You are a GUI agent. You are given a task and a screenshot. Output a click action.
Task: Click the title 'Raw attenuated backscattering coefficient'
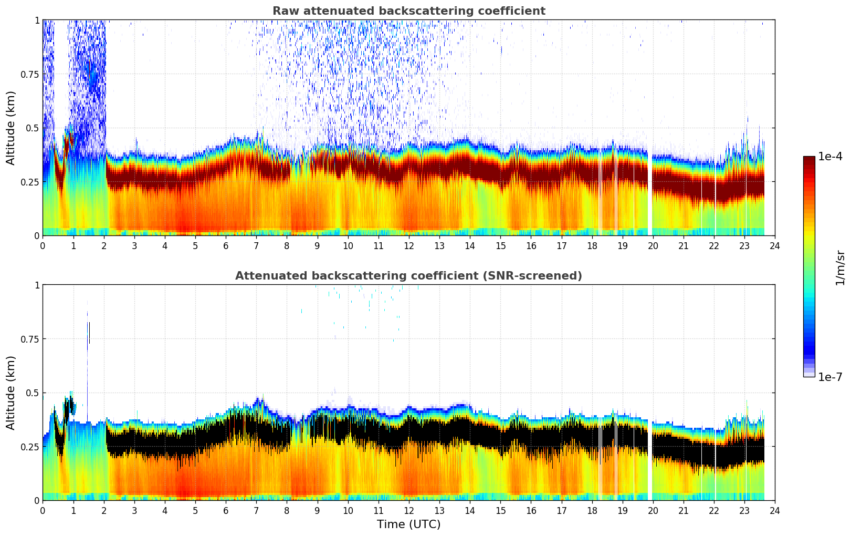point(408,11)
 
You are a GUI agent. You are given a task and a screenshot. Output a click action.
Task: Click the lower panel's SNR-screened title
point(408,276)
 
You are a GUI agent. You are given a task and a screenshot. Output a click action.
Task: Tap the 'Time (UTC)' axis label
point(408,524)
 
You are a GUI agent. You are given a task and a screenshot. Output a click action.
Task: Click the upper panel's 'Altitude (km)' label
point(11,128)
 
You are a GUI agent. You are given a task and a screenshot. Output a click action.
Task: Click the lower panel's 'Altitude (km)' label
point(11,393)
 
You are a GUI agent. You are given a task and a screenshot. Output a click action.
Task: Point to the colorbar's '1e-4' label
point(830,157)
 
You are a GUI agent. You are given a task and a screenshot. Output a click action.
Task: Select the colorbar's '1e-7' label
point(830,377)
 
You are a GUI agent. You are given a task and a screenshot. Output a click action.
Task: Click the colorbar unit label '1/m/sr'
point(840,267)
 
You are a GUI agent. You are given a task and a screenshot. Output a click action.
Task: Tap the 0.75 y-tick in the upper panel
point(29,74)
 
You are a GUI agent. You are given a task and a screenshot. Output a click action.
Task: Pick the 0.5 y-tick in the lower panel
point(33,393)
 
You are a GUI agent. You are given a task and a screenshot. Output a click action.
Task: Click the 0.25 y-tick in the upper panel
point(29,182)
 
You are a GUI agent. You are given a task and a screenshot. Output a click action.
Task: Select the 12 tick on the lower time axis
point(408,511)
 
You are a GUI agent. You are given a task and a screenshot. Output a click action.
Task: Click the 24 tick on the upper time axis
point(774,246)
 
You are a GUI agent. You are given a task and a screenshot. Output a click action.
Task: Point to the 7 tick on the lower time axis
point(256,511)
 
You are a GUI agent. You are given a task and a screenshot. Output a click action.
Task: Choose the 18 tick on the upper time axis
point(592,246)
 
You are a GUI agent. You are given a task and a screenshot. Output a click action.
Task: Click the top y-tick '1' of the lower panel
point(37,285)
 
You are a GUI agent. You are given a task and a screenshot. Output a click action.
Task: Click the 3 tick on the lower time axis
point(134,511)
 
